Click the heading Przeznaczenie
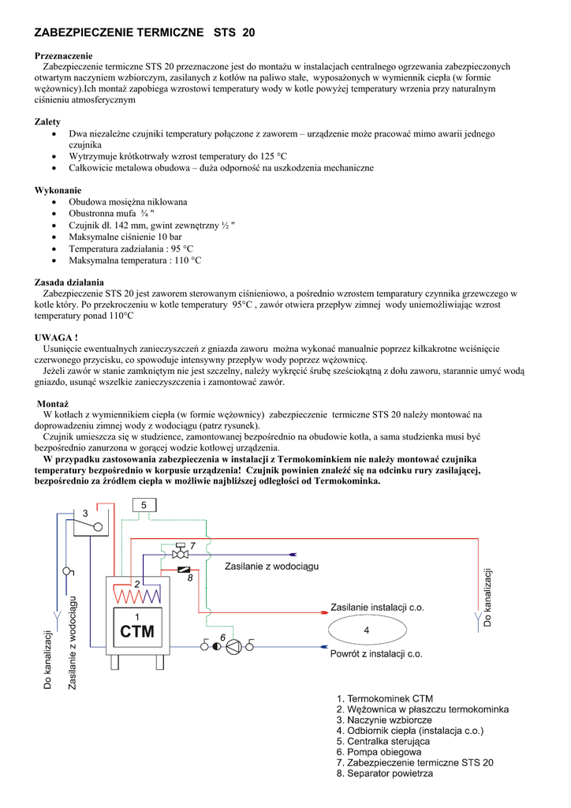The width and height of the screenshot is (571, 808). (x=63, y=56)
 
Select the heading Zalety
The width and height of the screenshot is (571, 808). (x=47, y=122)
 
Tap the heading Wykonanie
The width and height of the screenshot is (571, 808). (x=58, y=190)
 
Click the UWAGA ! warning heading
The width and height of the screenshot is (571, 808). (x=56, y=338)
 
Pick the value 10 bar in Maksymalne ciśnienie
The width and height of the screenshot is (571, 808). (x=170, y=237)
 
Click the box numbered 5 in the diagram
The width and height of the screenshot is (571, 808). (x=144, y=504)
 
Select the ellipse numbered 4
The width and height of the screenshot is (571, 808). (x=366, y=630)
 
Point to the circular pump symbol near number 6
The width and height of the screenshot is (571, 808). (x=233, y=646)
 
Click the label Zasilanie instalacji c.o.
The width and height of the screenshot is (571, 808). (x=377, y=607)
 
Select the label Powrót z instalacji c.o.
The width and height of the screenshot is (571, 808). (x=376, y=653)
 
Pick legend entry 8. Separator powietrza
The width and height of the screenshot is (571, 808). (x=384, y=773)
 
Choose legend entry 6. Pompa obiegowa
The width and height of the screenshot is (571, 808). (x=379, y=752)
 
